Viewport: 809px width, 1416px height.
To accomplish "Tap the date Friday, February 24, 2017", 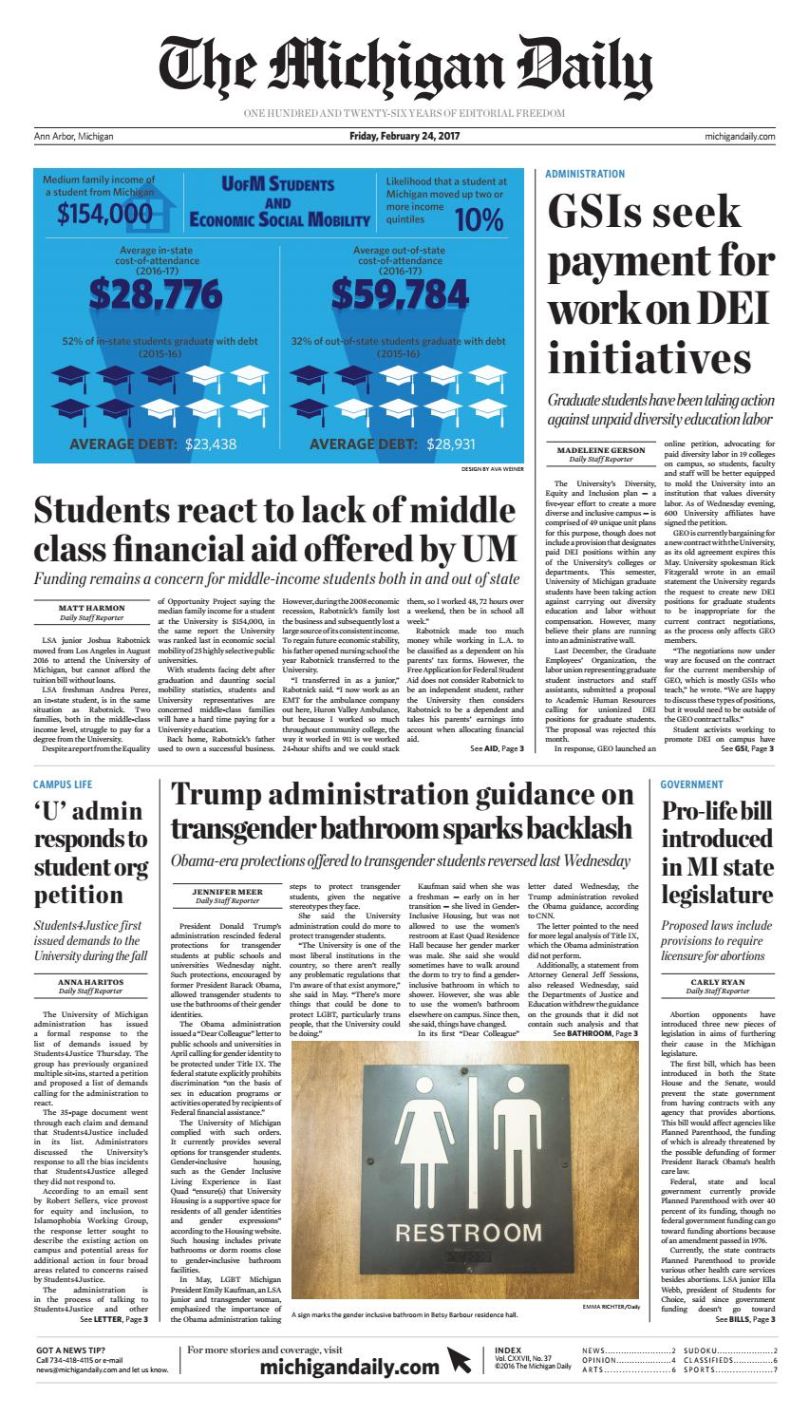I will click(404, 137).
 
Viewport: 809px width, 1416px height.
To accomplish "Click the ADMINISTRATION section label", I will click(585, 175).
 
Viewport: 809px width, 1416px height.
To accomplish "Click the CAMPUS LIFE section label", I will click(63, 784).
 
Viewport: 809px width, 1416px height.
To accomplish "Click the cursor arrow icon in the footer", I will click(459, 1362).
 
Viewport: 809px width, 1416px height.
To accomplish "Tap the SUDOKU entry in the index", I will click(702, 1350).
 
